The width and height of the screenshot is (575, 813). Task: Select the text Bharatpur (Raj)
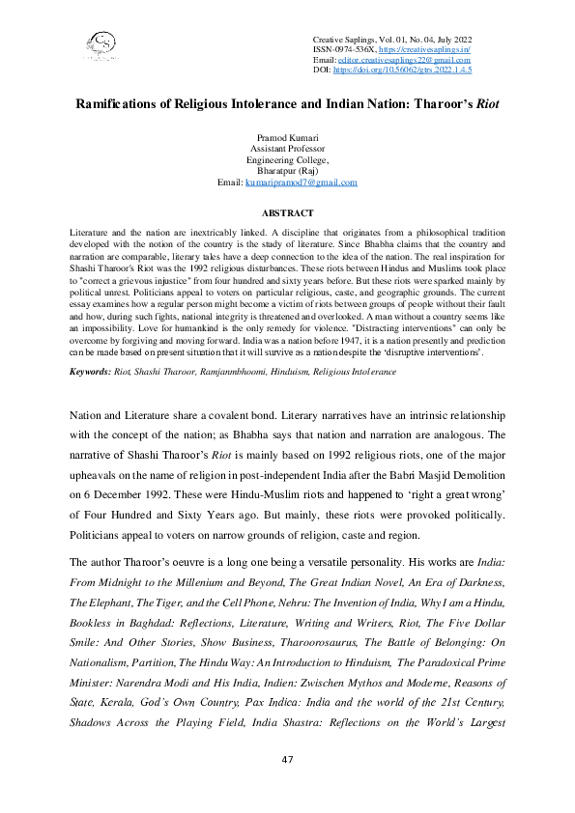(x=287, y=171)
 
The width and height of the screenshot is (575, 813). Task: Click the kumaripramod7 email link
(x=302, y=182)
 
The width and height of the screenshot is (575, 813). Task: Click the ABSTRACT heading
(x=287, y=212)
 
